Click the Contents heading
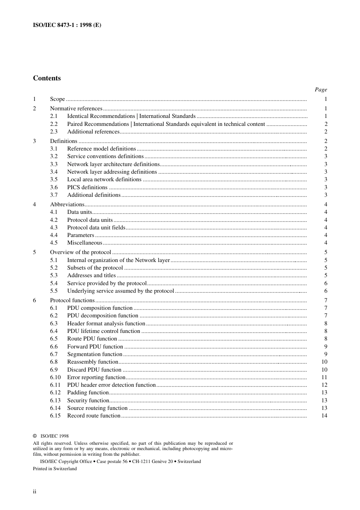point(47,78)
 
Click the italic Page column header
point(321,89)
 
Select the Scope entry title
point(57,99)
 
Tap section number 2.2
point(54,124)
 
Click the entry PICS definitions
point(87,187)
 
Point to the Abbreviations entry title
point(67,204)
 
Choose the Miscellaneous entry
point(85,243)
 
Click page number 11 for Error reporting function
point(324,377)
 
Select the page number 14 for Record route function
point(324,416)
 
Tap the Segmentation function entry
point(95,354)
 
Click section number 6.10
point(55,377)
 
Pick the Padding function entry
point(88,392)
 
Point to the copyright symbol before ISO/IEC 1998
point(35,436)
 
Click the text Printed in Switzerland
point(55,469)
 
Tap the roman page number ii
point(34,492)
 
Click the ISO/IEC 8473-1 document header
point(67,25)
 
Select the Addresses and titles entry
point(91,275)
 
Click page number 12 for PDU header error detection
point(324,385)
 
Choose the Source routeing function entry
point(97,408)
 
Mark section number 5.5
point(54,291)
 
